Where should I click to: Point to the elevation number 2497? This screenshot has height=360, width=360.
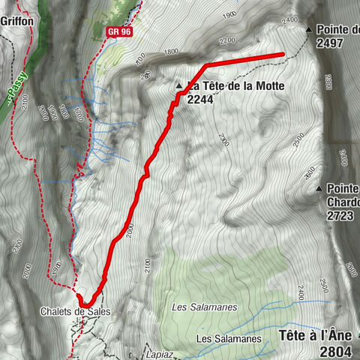(329, 43)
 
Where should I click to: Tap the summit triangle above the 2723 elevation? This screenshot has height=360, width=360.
(319, 188)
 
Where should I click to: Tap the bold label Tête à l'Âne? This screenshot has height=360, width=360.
(318, 335)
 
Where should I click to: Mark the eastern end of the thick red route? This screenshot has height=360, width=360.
(283, 55)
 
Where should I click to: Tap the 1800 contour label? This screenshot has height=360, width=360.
(172, 52)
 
